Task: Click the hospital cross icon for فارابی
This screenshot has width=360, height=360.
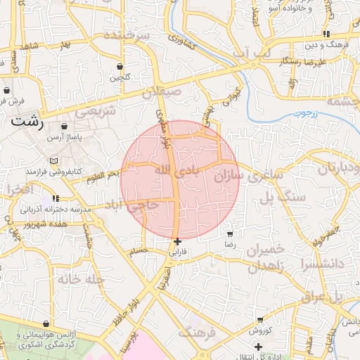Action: point(176,241)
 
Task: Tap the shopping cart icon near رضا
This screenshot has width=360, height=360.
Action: point(230,233)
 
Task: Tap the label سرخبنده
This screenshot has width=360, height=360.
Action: point(127,34)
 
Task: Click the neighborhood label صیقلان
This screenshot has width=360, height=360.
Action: point(162,91)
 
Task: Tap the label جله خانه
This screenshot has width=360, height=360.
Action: point(81,279)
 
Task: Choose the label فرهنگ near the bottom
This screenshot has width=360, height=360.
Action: point(196,331)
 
